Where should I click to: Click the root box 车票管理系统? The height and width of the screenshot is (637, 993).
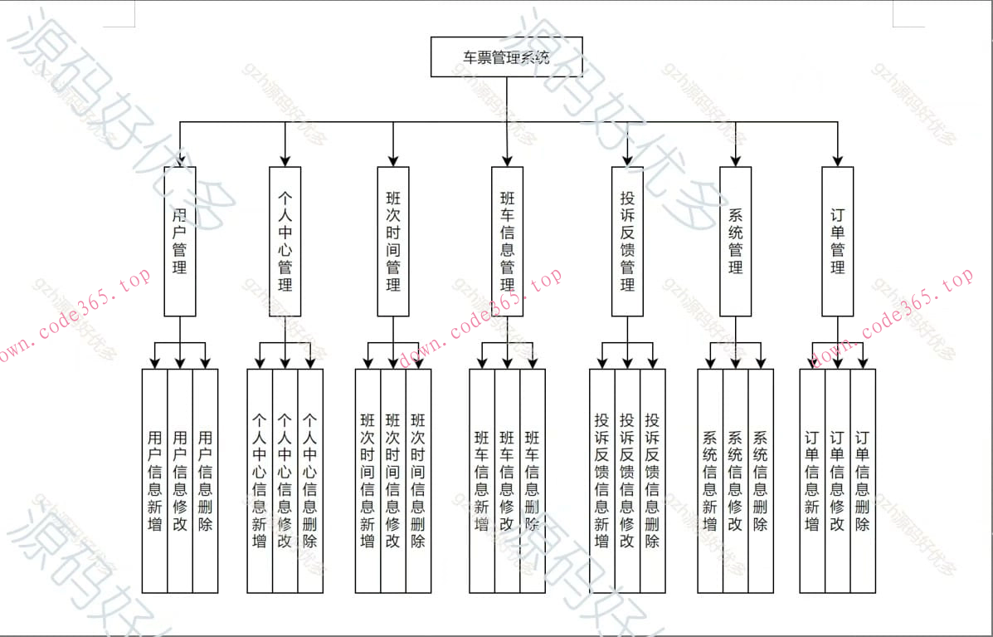(x=506, y=56)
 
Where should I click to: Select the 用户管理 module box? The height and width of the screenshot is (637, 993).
(x=180, y=241)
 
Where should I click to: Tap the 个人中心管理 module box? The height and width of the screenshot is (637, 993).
(x=285, y=241)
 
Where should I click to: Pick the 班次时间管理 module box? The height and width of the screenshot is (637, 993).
(x=393, y=241)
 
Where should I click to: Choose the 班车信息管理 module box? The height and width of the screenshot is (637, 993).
(x=507, y=241)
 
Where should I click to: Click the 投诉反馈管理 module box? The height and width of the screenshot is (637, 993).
(x=627, y=241)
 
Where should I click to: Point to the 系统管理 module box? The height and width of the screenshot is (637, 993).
(x=735, y=241)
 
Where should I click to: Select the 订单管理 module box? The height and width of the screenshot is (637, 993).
(x=837, y=241)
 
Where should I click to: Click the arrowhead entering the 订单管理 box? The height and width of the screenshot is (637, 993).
(x=837, y=160)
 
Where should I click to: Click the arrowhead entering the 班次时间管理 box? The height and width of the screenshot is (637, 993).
(x=393, y=160)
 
